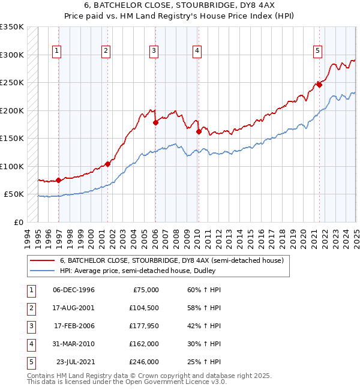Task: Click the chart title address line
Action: pyautogui.click(x=179, y=8)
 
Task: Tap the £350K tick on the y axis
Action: pyautogui.click(x=13, y=27)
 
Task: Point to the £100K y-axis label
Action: pyautogui.click(x=13, y=166)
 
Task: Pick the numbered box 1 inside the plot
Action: pyautogui.click(x=56, y=52)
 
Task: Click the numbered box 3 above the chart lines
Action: pyautogui.click(x=154, y=52)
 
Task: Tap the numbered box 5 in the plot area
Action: pyautogui.click(x=317, y=52)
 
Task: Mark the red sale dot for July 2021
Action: pyautogui.click(x=319, y=85)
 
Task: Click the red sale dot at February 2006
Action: pyautogui.click(x=155, y=122)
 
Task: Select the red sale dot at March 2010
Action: pyautogui.click(x=198, y=131)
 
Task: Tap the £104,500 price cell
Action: pyautogui.click(x=144, y=308)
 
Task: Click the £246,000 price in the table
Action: pyautogui.click(x=144, y=362)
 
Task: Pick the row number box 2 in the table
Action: pyautogui.click(x=30, y=308)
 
